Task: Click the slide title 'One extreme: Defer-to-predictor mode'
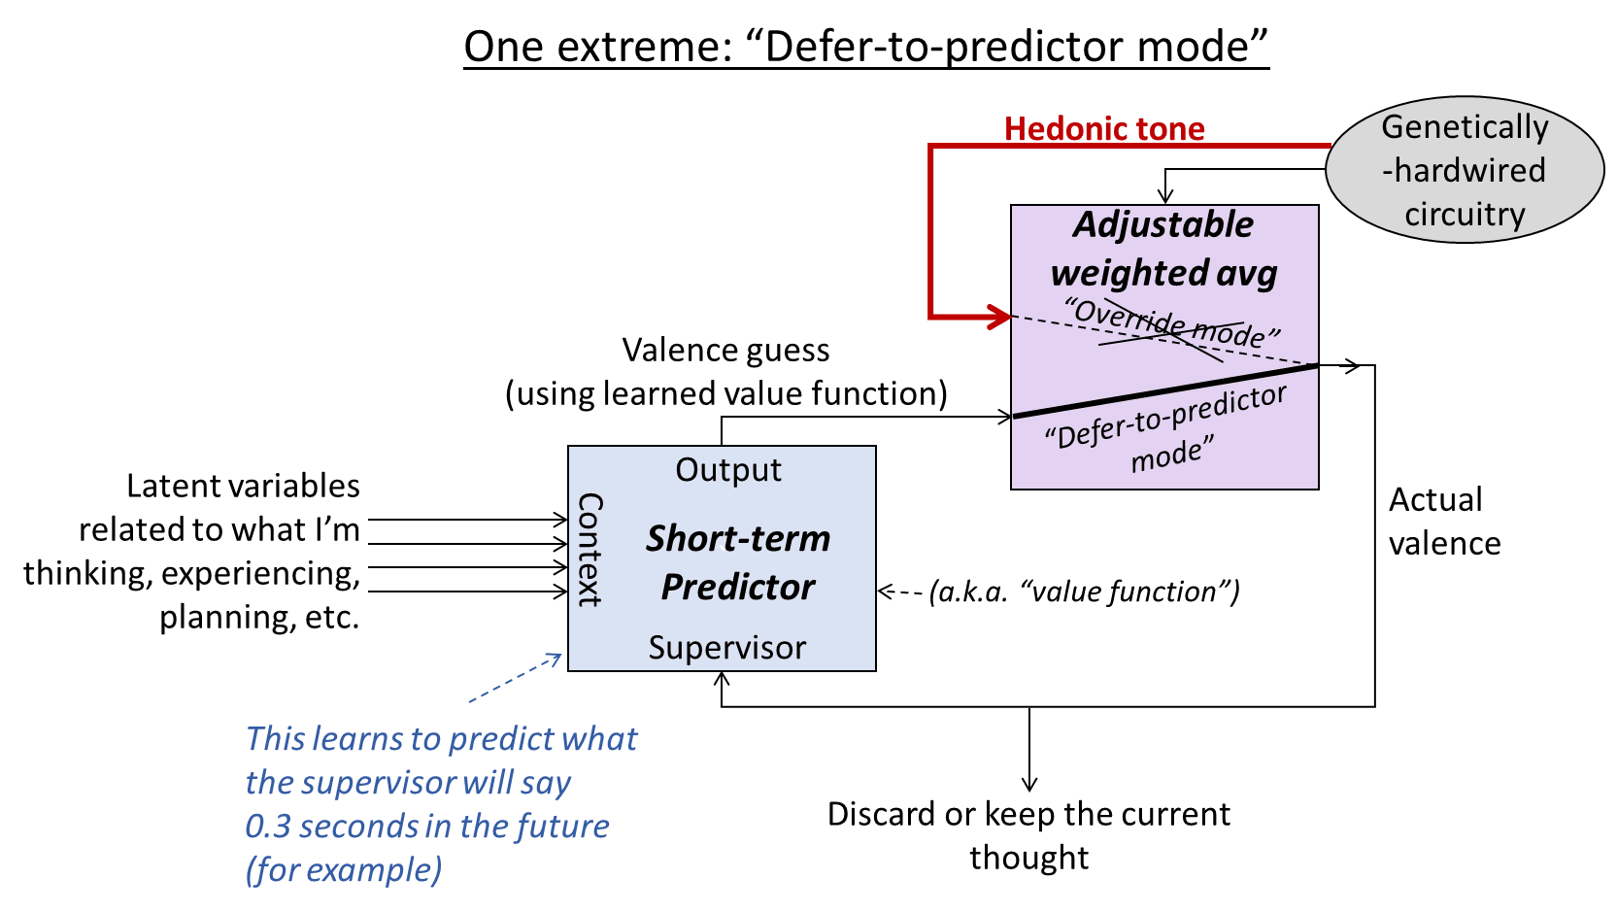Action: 866,47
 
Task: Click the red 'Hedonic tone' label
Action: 1104,128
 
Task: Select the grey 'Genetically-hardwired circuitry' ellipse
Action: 1465,170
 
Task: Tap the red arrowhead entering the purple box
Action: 1000,316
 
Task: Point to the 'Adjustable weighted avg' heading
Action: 1163,249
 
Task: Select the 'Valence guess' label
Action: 725,351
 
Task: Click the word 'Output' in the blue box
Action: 728,470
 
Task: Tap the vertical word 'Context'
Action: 590,549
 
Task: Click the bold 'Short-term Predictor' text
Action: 738,562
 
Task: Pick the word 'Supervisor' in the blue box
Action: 726,648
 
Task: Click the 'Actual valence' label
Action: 1443,522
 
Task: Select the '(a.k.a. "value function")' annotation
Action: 1084,592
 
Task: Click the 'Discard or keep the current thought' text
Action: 1028,834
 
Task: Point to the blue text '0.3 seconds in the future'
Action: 426,826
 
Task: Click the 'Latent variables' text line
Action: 243,486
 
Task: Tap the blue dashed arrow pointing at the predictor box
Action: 515,678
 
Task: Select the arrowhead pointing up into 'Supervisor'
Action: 722,679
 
